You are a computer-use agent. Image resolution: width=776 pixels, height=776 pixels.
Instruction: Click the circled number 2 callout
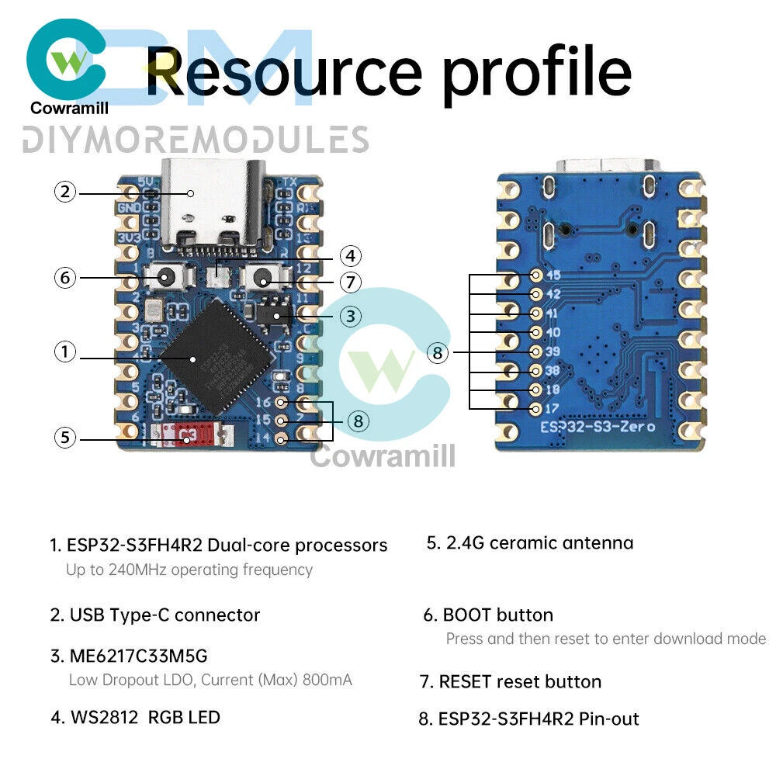(65, 192)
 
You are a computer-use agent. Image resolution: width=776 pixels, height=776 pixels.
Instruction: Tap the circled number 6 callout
(65, 277)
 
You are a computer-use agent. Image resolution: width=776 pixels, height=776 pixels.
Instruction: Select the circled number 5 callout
(65, 438)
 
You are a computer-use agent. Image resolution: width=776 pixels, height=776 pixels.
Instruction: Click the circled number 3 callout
(351, 316)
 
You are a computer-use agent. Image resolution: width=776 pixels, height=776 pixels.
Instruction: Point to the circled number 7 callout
(351, 282)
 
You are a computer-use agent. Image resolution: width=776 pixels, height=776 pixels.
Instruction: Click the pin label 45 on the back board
(554, 275)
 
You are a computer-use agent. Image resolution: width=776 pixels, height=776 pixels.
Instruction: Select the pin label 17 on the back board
(554, 407)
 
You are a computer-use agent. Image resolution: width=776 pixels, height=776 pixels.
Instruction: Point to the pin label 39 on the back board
(554, 351)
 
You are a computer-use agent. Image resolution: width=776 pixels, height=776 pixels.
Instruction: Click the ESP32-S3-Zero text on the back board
(598, 426)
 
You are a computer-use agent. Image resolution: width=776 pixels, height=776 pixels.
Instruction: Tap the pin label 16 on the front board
(263, 402)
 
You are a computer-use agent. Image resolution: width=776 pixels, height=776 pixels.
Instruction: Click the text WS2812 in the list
(103, 717)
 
